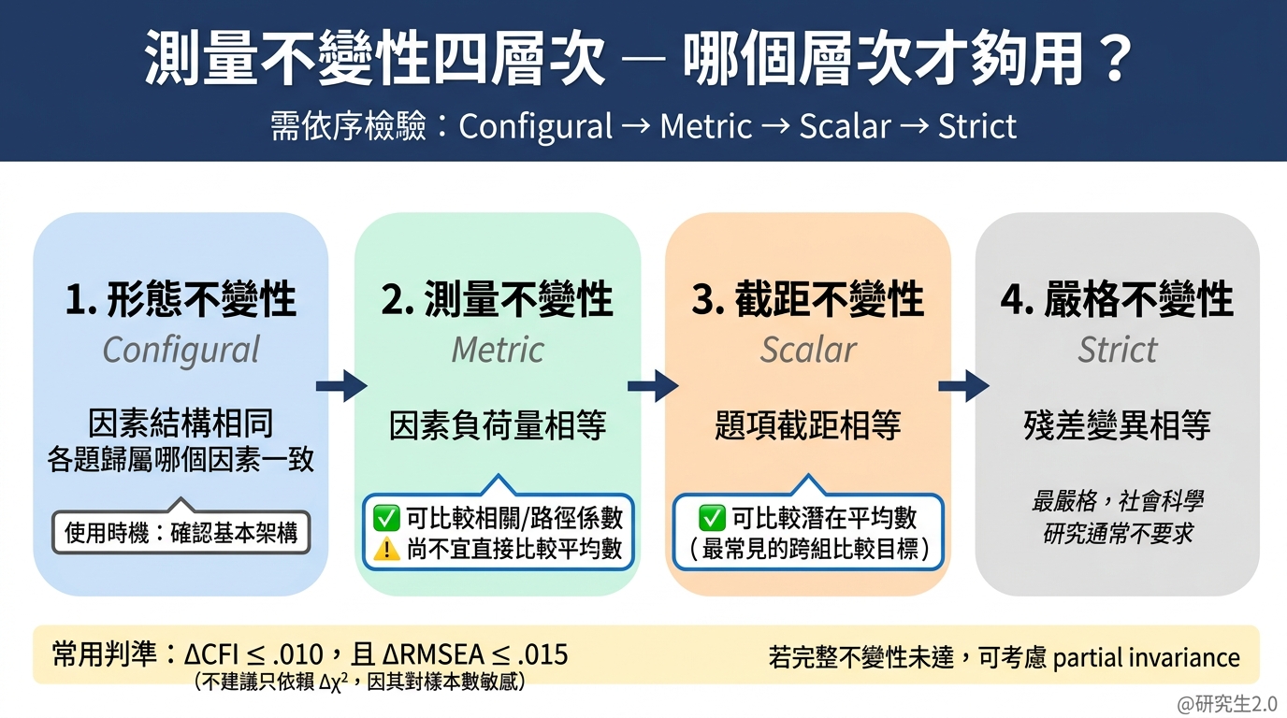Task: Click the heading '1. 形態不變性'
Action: tap(181, 300)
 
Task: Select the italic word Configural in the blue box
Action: tap(181, 351)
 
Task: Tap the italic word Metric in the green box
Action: tap(498, 351)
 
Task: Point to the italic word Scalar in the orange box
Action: tap(808, 351)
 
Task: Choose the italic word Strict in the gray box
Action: tap(1118, 351)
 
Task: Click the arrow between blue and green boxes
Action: tap(341, 385)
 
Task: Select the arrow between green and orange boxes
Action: tap(653, 385)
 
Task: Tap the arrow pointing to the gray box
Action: tap(963, 385)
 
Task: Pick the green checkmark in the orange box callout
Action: tap(713, 518)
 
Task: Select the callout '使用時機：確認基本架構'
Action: tap(181, 533)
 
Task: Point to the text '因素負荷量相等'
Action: tap(498, 426)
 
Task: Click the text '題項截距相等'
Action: tap(808, 426)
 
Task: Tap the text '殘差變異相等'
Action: tap(1118, 426)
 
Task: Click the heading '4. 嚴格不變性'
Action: tap(1118, 300)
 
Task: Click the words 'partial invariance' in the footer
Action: tap(1146, 657)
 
